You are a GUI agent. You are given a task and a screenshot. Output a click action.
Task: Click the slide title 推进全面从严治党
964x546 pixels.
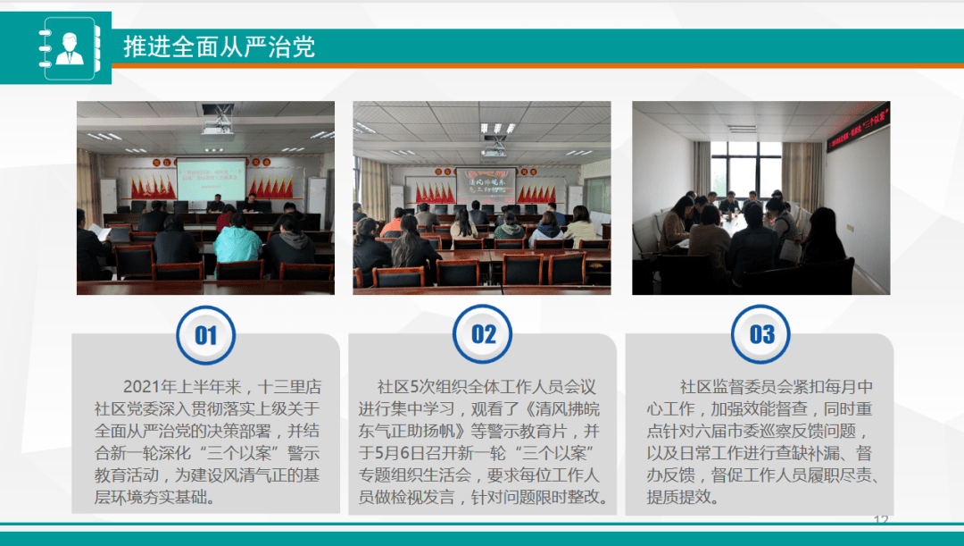(219, 47)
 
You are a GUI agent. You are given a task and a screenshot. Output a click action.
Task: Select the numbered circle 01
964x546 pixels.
(206, 335)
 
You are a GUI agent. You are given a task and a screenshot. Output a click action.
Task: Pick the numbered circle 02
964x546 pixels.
(483, 335)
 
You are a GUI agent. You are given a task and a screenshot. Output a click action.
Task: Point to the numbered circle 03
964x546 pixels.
(761, 335)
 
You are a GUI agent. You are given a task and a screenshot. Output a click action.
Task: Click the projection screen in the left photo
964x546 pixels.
(212, 180)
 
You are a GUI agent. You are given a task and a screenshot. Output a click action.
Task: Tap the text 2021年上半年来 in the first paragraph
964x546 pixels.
(183, 387)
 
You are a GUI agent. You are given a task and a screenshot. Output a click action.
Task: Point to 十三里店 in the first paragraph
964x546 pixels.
(289, 387)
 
